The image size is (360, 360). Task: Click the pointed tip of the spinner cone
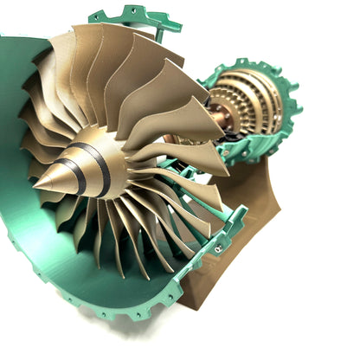(x=35, y=183)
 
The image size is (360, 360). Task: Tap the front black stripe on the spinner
(x=75, y=174)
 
